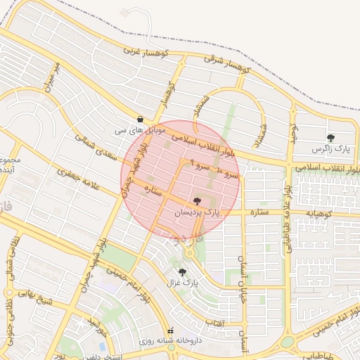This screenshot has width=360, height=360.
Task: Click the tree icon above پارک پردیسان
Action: click(x=196, y=201)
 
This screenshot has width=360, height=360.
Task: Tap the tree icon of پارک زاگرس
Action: click(x=330, y=138)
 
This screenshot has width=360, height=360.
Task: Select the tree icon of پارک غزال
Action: click(x=183, y=271)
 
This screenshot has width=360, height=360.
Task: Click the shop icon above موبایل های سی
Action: click(x=141, y=120)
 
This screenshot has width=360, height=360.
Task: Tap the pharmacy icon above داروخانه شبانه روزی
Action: click(x=169, y=331)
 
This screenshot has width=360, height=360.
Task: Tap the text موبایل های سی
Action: click(x=140, y=131)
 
